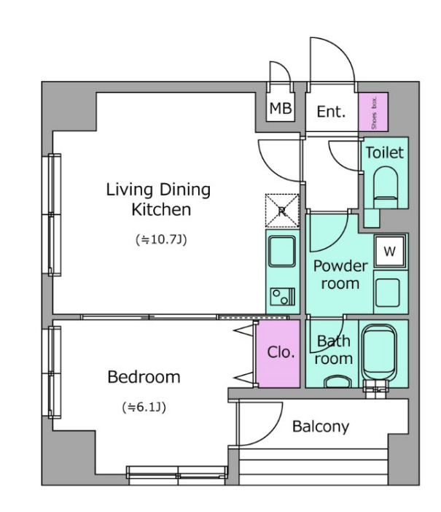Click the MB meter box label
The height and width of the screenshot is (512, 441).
point(281,108)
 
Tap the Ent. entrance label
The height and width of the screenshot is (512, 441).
point(331,112)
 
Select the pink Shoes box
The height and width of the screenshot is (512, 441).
point(373,112)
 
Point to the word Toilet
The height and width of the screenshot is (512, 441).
point(385,152)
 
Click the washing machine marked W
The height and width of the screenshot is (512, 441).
point(390,251)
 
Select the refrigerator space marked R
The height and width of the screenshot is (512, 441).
point(282,211)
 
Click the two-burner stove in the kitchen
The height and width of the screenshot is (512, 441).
point(283,297)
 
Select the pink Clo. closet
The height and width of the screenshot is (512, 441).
point(278,354)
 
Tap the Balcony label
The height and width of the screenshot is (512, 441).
point(321,427)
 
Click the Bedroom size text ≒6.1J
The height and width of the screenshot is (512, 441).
point(144,407)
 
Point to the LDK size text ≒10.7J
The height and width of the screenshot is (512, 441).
point(161,240)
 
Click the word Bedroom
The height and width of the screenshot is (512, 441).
point(144,377)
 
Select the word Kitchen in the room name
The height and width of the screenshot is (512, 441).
point(161,209)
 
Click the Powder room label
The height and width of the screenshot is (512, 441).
point(340,275)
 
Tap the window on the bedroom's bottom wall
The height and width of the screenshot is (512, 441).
point(177,473)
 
